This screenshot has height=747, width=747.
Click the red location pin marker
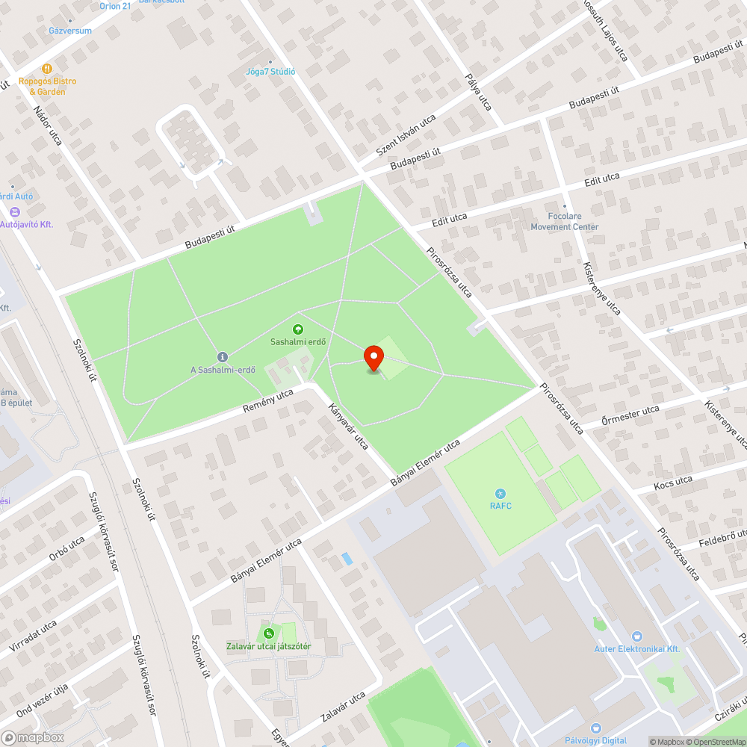pos(373,359)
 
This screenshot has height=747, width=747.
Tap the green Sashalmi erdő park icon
pos(298,329)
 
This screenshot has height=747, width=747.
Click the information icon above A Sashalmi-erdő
pos(222,356)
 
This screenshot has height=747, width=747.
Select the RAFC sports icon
pos(500,493)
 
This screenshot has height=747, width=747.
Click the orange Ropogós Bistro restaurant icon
pos(47,69)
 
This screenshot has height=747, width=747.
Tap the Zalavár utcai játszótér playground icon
pos(268,634)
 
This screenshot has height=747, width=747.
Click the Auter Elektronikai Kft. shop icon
pos(636,636)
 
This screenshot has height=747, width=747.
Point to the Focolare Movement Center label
pos(565,222)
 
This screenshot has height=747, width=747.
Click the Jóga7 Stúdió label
pos(270,72)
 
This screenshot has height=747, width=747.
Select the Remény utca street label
pos(267,401)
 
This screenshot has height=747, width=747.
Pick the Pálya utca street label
pos(478,92)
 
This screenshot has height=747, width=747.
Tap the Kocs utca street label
pos(673,483)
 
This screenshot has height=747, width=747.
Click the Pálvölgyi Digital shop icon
pos(595,728)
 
